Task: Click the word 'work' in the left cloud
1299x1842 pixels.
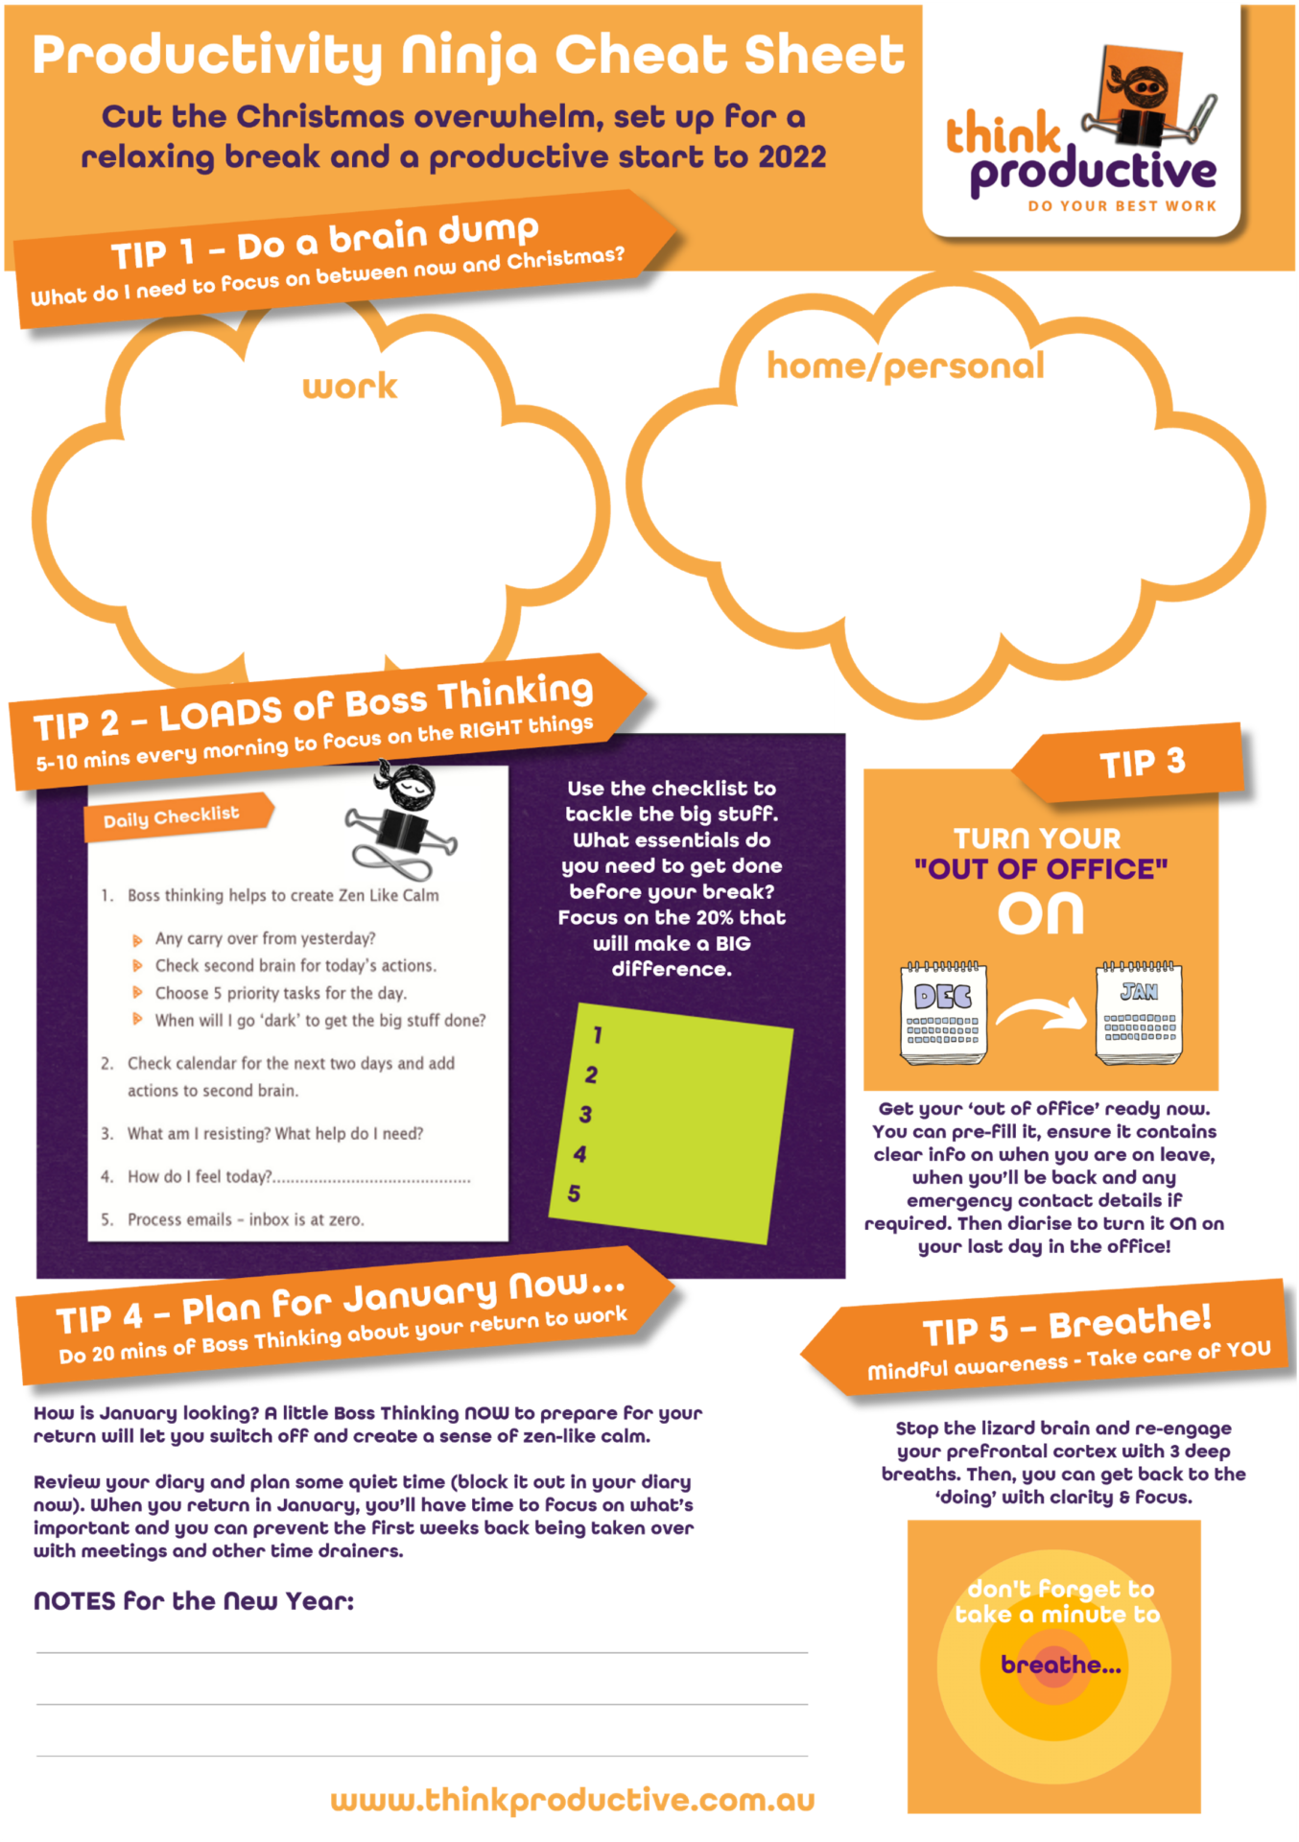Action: pos(349,387)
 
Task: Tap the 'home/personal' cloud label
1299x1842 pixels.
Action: pos(905,366)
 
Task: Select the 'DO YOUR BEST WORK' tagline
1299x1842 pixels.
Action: pos(1122,206)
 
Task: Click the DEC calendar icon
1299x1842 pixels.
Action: pos(943,1013)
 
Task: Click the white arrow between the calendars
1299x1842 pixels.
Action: pos(1041,1013)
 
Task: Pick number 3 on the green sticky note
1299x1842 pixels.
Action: pos(585,1115)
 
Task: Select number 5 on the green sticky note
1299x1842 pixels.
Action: pos(574,1194)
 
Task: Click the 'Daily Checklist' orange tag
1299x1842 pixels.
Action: pos(173,817)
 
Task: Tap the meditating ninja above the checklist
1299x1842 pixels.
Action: pos(403,820)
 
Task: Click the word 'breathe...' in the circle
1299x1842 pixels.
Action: pos(1060,1665)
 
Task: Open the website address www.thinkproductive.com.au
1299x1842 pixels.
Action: pos(572,1801)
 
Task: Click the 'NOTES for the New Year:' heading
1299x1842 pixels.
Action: pos(194,1601)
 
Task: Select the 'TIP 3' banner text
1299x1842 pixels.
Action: pos(1142,763)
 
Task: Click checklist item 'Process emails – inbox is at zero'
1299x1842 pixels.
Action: pos(246,1219)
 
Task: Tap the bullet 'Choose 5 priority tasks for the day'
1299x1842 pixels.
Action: pos(280,993)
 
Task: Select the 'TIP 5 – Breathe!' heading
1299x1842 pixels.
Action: pos(1067,1326)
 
